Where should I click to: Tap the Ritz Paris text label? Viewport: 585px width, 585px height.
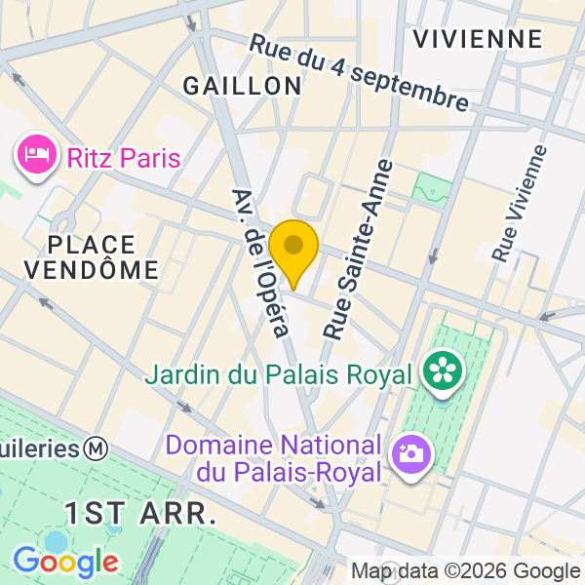point(124,156)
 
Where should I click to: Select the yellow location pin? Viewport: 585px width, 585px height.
point(293,250)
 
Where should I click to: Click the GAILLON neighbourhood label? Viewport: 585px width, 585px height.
point(243,86)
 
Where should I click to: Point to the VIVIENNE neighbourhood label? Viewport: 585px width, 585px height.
point(477,39)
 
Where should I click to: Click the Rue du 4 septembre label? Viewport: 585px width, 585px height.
point(359,72)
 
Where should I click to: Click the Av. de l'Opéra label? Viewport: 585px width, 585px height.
point(262,262)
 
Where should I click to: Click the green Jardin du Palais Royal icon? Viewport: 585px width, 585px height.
point(444,372)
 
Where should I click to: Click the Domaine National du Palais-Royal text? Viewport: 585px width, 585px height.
point(273,459)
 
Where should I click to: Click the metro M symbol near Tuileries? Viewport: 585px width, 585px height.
point(96,448)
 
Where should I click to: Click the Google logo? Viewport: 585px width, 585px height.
point(65,561)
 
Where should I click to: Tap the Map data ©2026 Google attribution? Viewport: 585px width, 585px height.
point(466,571)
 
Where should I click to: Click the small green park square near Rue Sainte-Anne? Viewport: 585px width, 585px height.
point(430,186)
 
